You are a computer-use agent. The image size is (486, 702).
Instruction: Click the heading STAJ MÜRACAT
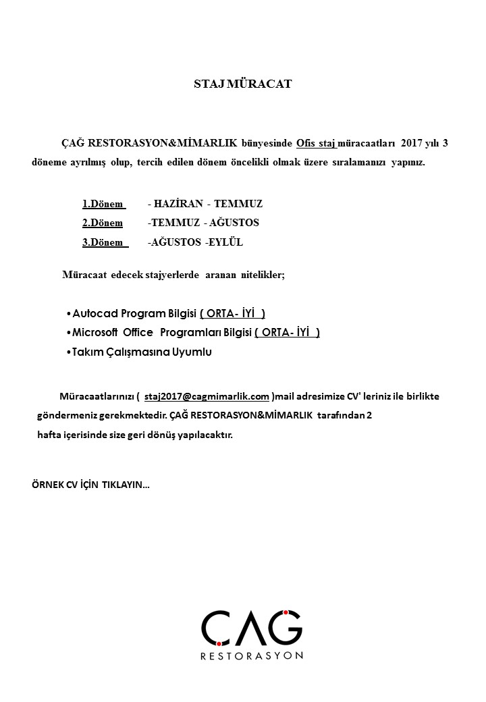tap(242, 84)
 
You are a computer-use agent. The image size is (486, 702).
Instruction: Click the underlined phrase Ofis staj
tap(316, 143)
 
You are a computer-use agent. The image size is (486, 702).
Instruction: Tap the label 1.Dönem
tap(103, 203)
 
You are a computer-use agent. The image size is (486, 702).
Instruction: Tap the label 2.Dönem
tap(103, 222)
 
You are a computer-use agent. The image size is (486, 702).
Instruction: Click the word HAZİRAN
tap(178, 203)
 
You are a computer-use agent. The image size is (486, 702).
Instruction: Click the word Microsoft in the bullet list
tap(95, 332)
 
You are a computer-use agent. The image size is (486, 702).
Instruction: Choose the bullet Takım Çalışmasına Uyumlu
tap(142, 352)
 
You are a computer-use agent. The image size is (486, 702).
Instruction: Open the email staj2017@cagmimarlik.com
tap(207, 396)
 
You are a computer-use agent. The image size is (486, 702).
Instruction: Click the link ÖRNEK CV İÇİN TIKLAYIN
tap(90, 484)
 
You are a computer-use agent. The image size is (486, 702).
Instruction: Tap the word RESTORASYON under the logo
tap(251, 655)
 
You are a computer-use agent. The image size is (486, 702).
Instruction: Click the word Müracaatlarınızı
tap(97, 396)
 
